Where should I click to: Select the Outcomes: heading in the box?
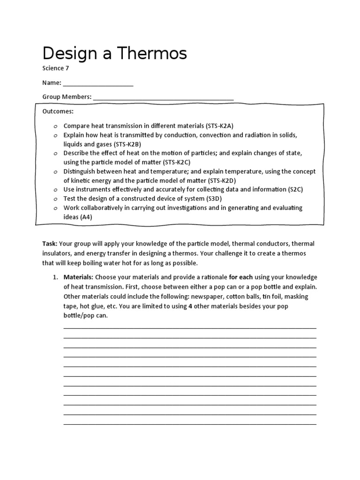pyautogui.click(x=58, y=112)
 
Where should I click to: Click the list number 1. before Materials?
pyautogui.click(x=55, y=277)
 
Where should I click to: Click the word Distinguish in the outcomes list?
pyautogui.click(x=81, y=172)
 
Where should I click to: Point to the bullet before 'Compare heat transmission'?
pyautogui.click(x=55, y=127)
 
